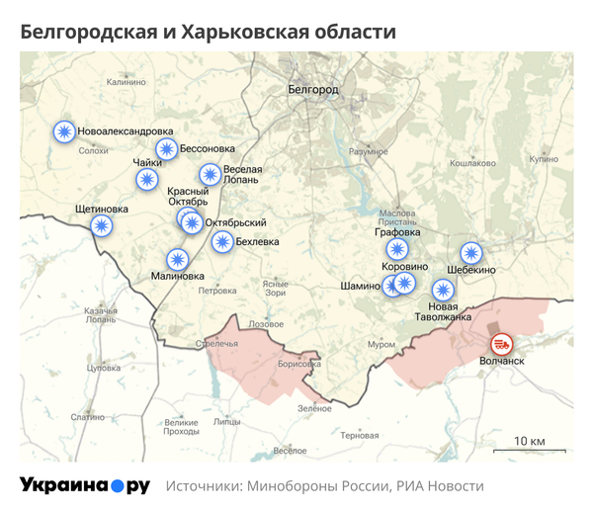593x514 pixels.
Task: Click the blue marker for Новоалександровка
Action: click(64, 131)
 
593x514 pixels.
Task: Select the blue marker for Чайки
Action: click(147, 179)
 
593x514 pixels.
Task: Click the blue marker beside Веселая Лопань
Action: click(210, 175)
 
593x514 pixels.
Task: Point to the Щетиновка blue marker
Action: click(102, 225)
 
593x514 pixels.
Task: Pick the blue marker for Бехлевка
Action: click(223, 241)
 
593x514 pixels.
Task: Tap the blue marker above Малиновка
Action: click(177, 259)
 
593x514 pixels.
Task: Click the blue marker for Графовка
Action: click(397, 249)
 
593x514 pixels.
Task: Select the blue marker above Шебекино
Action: click(471, 253)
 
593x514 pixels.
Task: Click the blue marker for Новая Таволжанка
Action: click(443, 290)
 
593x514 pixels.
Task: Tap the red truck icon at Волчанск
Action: click(502, 344)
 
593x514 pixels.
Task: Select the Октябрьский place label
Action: click(235, 222)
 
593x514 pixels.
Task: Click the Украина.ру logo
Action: click(85, 485)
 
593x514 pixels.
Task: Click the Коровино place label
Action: click(406, 267)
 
